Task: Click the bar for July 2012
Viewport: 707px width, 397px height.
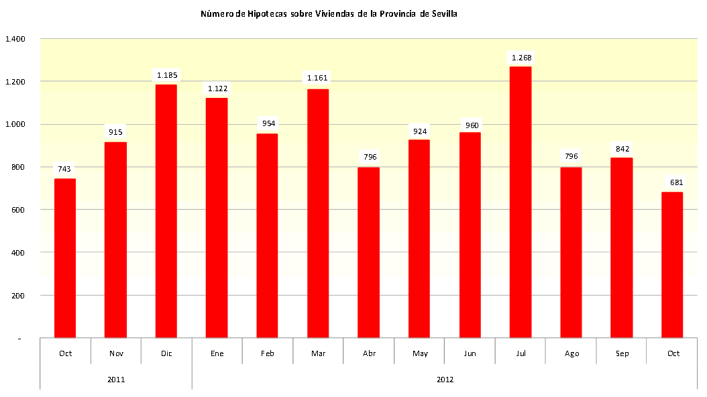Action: pyautogui.click(x=521, y=201)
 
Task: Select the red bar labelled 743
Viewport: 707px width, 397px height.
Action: pyautogui.click(x=65, y=258)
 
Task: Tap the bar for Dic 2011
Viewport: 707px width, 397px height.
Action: pyautogui.click(x=166, y=211)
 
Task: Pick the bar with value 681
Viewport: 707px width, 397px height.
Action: pyautogui.click(x=672, y=265)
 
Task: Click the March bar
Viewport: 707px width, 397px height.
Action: pyautogui.click(x=318, y=213)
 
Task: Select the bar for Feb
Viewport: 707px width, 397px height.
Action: pyautogui.click(x=268, y=235)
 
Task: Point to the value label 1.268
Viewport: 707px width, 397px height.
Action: pyautogui.click(x=521, y=58)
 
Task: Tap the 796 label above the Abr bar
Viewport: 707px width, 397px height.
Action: pyautogui.click(x=369, y=157)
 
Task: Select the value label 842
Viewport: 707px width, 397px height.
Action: pyautogui.click(x=622, y=149)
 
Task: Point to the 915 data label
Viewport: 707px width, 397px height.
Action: pyautogui.click(x=116, y=132)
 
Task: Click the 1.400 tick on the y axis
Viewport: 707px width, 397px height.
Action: pyautogui.click(x=15, y=39)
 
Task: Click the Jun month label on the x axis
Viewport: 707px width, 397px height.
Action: pyautogui.click(x=470, y=353)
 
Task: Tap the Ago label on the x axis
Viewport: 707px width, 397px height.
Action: pyautogui.click(x=572, y=353)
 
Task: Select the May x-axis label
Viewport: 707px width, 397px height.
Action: pyautogui.click(x=420, y=353)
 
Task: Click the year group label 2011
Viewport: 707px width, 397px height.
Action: pyautogui.click(x=116, y=380)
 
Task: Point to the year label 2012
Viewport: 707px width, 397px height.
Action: pyautogui.click(x=445, y=380)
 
